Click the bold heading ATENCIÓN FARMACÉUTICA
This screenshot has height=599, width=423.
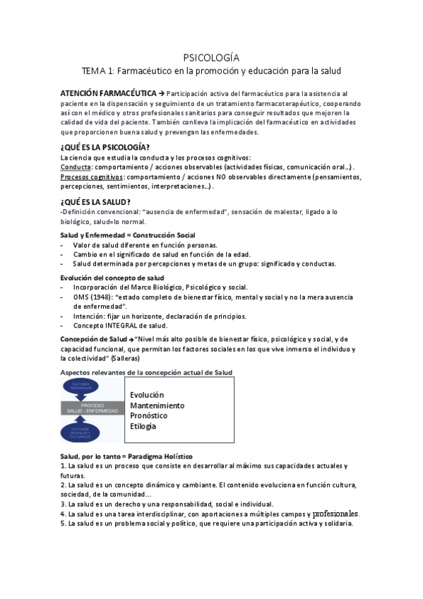(x=100, y=94)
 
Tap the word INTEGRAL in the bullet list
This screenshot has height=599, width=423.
(x=115, y=326)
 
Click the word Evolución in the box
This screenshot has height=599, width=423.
(x=147, y=395)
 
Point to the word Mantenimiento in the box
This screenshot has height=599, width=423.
(x=157, y=405)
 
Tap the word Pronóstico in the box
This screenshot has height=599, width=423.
(x=150, y=416)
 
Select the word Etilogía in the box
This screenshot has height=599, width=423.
(x=143, y=427)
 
